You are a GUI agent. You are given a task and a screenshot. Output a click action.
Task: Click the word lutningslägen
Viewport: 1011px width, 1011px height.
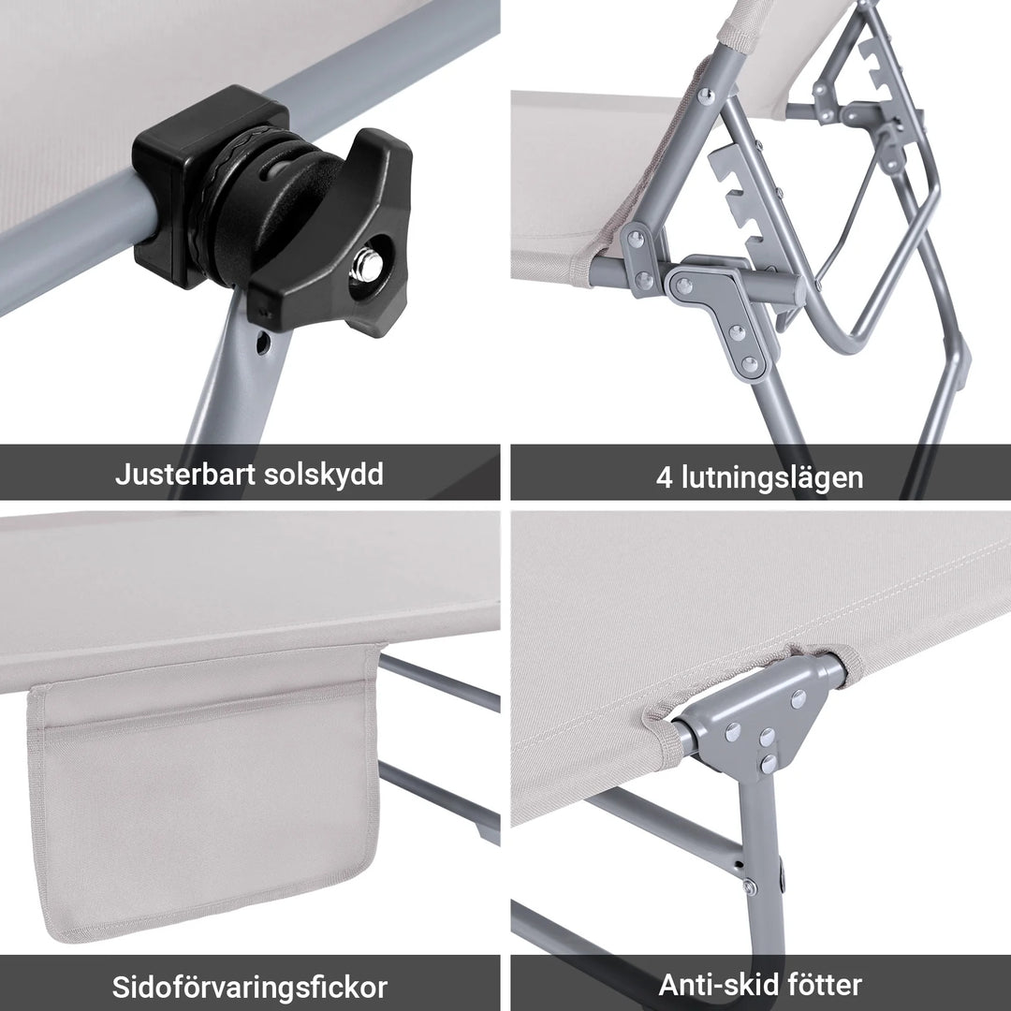point(769,477)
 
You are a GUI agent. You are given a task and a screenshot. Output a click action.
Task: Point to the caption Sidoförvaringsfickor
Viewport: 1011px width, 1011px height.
point(250,987)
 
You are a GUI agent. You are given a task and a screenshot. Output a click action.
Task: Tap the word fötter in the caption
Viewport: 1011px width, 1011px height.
point(824,984)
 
